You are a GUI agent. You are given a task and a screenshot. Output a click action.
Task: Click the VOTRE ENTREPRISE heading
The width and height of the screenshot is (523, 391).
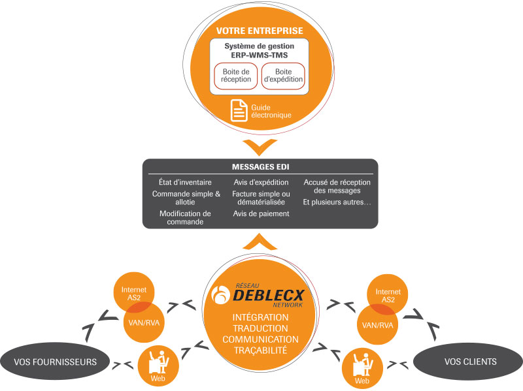pos(260,31)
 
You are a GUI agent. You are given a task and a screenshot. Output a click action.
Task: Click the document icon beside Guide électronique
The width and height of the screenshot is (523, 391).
pos(239,110)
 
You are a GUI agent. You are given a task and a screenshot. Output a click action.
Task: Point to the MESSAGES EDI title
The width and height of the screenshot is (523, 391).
pos(260,166)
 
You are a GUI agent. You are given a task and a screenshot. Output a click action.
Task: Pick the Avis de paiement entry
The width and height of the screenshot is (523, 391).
pos(261,213)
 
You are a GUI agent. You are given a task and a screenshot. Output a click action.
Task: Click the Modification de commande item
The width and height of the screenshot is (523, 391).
pos(185,217)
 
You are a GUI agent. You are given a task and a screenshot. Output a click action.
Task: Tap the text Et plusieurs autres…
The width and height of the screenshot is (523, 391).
pos(337,202)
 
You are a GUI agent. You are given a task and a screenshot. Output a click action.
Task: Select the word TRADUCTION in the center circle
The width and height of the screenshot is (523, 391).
pos(260,328)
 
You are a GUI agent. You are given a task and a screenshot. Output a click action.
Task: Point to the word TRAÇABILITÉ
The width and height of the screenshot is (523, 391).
pos(260,351)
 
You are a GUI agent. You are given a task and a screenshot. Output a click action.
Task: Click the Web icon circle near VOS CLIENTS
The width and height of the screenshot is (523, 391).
pos(362,367)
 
